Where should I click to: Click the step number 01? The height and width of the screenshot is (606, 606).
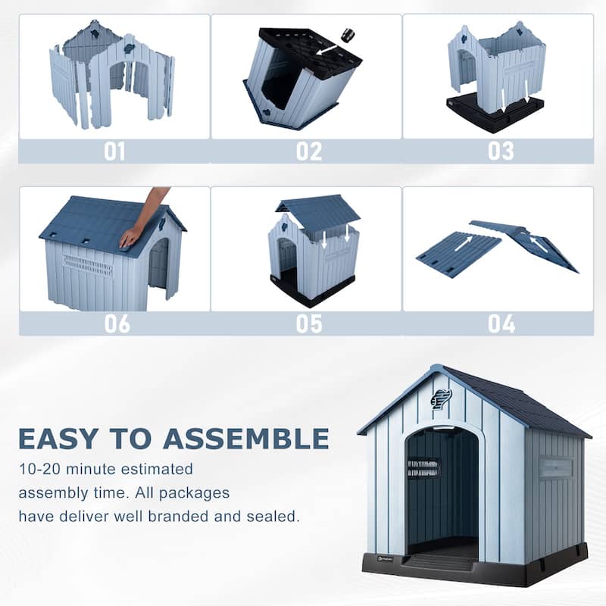114,151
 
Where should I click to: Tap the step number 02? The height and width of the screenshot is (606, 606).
309,151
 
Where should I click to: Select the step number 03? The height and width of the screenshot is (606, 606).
501,151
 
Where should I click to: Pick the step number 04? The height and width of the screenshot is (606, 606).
501,324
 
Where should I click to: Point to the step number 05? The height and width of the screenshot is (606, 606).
309,324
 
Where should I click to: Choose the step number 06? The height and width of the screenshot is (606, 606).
117,324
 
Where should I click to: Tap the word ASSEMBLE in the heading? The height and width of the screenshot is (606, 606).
246,439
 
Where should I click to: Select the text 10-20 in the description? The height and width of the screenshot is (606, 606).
40,469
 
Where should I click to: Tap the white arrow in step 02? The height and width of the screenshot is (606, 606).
327,48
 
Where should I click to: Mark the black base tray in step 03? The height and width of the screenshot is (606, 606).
495,113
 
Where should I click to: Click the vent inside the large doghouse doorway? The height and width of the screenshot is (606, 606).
423,468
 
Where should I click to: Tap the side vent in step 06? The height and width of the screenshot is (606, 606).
87,265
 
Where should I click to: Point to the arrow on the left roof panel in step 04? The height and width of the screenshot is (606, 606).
464,244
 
